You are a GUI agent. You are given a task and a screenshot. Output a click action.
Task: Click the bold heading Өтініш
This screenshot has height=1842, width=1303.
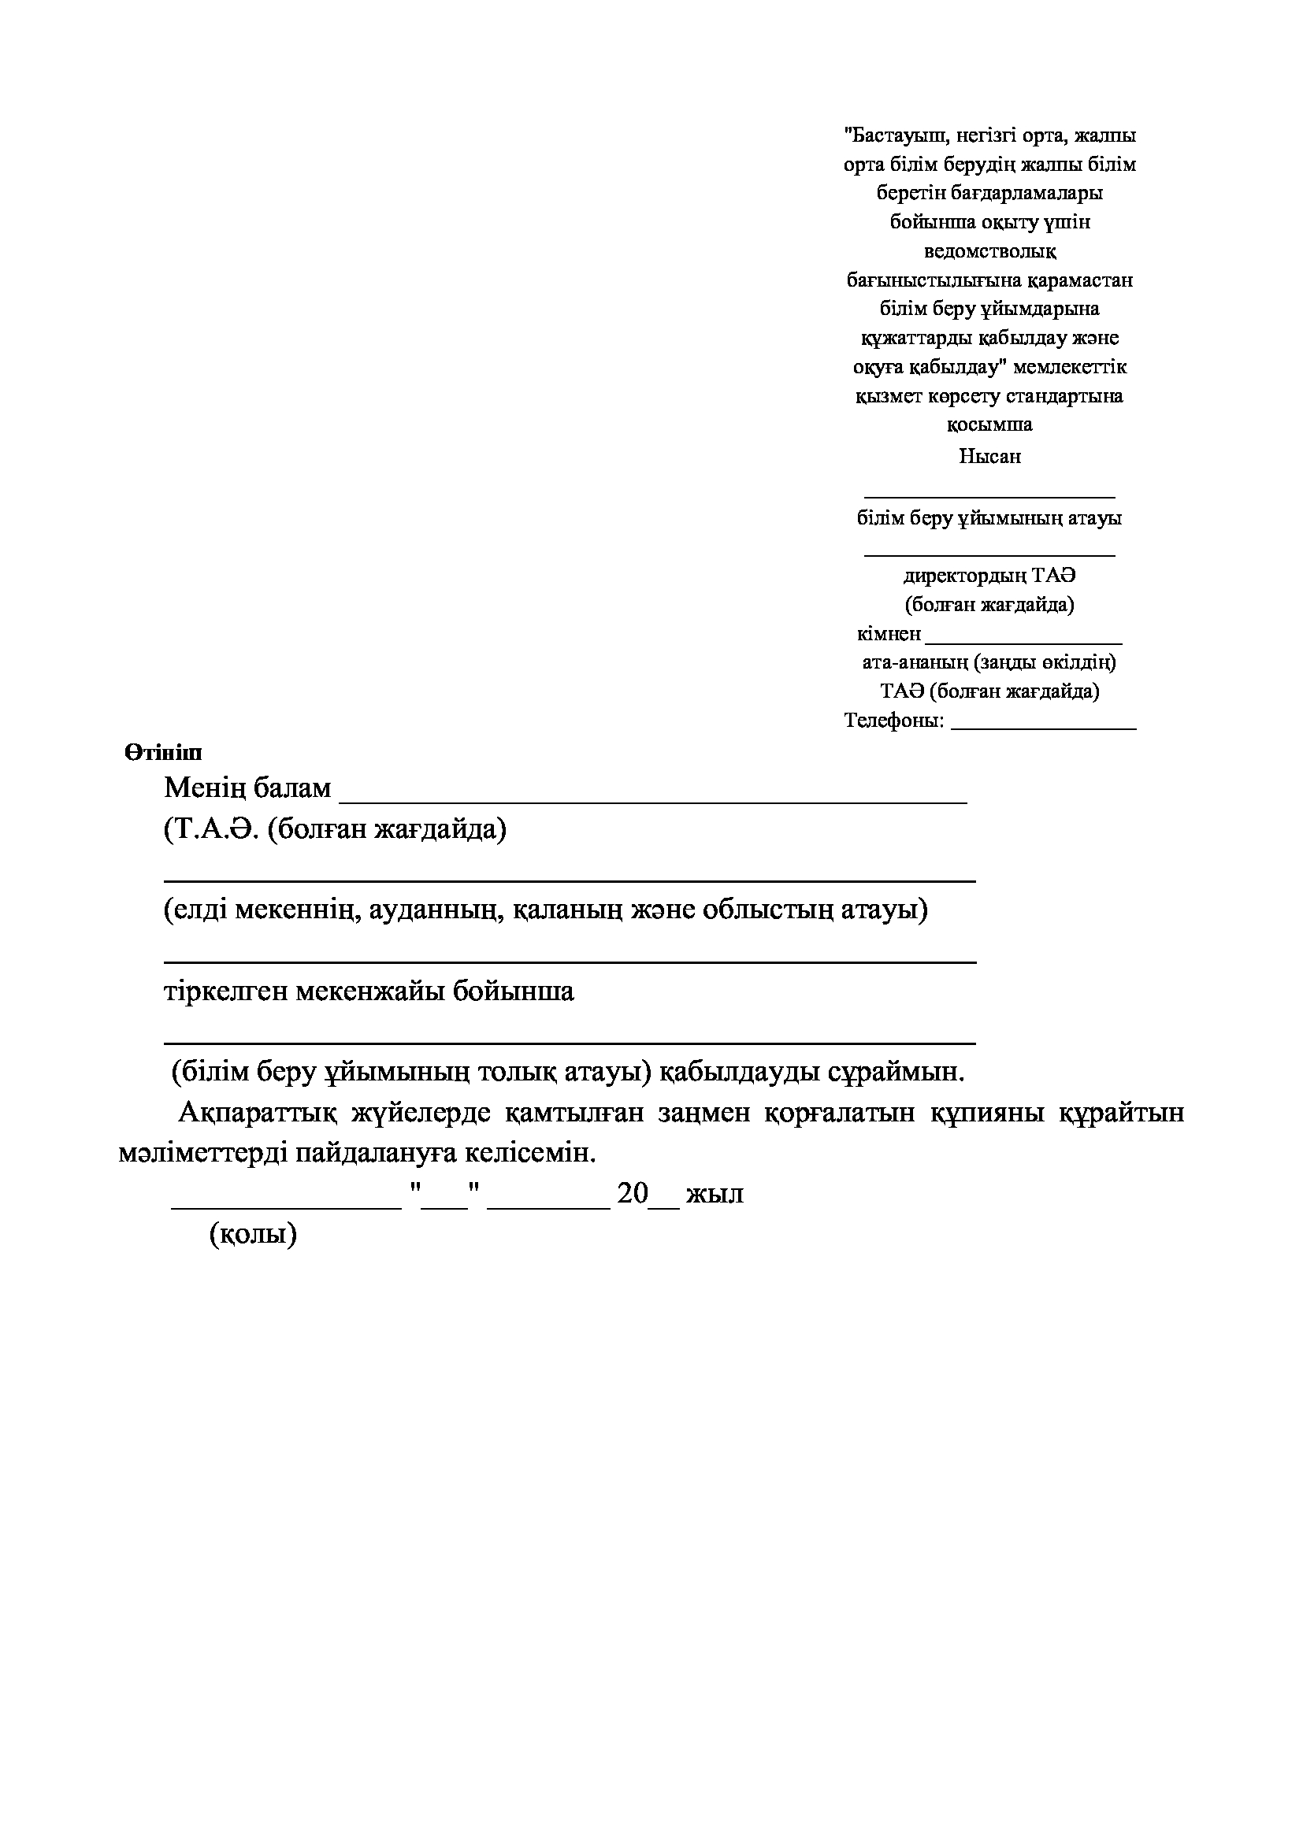point(163,753)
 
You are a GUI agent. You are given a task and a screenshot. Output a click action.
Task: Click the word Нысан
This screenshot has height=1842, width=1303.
point(989,457)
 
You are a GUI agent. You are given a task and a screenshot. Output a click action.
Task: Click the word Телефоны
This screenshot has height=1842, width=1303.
point(893,721)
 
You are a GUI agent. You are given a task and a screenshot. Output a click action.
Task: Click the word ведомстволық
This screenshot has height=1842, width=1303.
point(990,251)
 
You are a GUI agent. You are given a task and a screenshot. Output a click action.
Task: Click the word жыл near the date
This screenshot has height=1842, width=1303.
point(714,1194)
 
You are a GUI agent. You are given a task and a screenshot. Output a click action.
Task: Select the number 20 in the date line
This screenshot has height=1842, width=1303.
point(633,1194)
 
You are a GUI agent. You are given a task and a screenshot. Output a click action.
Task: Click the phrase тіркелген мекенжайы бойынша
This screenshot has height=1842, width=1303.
point(369,991)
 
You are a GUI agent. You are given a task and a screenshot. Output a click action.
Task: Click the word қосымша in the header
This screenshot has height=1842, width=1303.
point(989,424)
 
